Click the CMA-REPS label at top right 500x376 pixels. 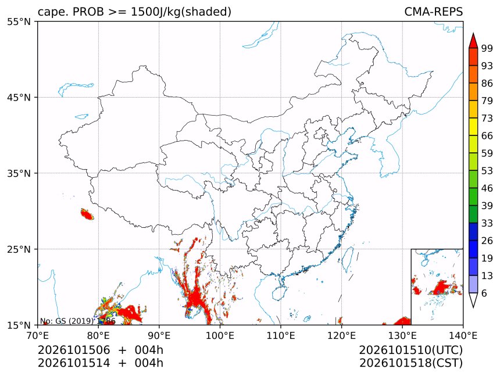point(433,12)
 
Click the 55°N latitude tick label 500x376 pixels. point(19,22)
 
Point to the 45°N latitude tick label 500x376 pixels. point(19,98)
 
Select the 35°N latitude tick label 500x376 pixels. point(19,173)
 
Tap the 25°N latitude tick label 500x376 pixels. point(19,249)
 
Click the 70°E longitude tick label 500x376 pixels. point(38,335)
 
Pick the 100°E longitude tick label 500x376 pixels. point(220,335)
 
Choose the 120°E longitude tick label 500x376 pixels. point(341,335)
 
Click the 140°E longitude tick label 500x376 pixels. point(463,335)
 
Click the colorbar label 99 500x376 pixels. point(487,48)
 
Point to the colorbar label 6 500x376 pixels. point(484,293)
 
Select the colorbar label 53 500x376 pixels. point(487,171)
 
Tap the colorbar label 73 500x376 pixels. point(487,119)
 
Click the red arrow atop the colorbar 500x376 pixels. point(473,41)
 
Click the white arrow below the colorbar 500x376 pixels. point(473,300)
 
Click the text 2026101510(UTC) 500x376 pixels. point(411,350)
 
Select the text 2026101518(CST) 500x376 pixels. point(411,363)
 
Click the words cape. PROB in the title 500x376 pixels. point(71,12)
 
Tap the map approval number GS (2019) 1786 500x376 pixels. point(85,321)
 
